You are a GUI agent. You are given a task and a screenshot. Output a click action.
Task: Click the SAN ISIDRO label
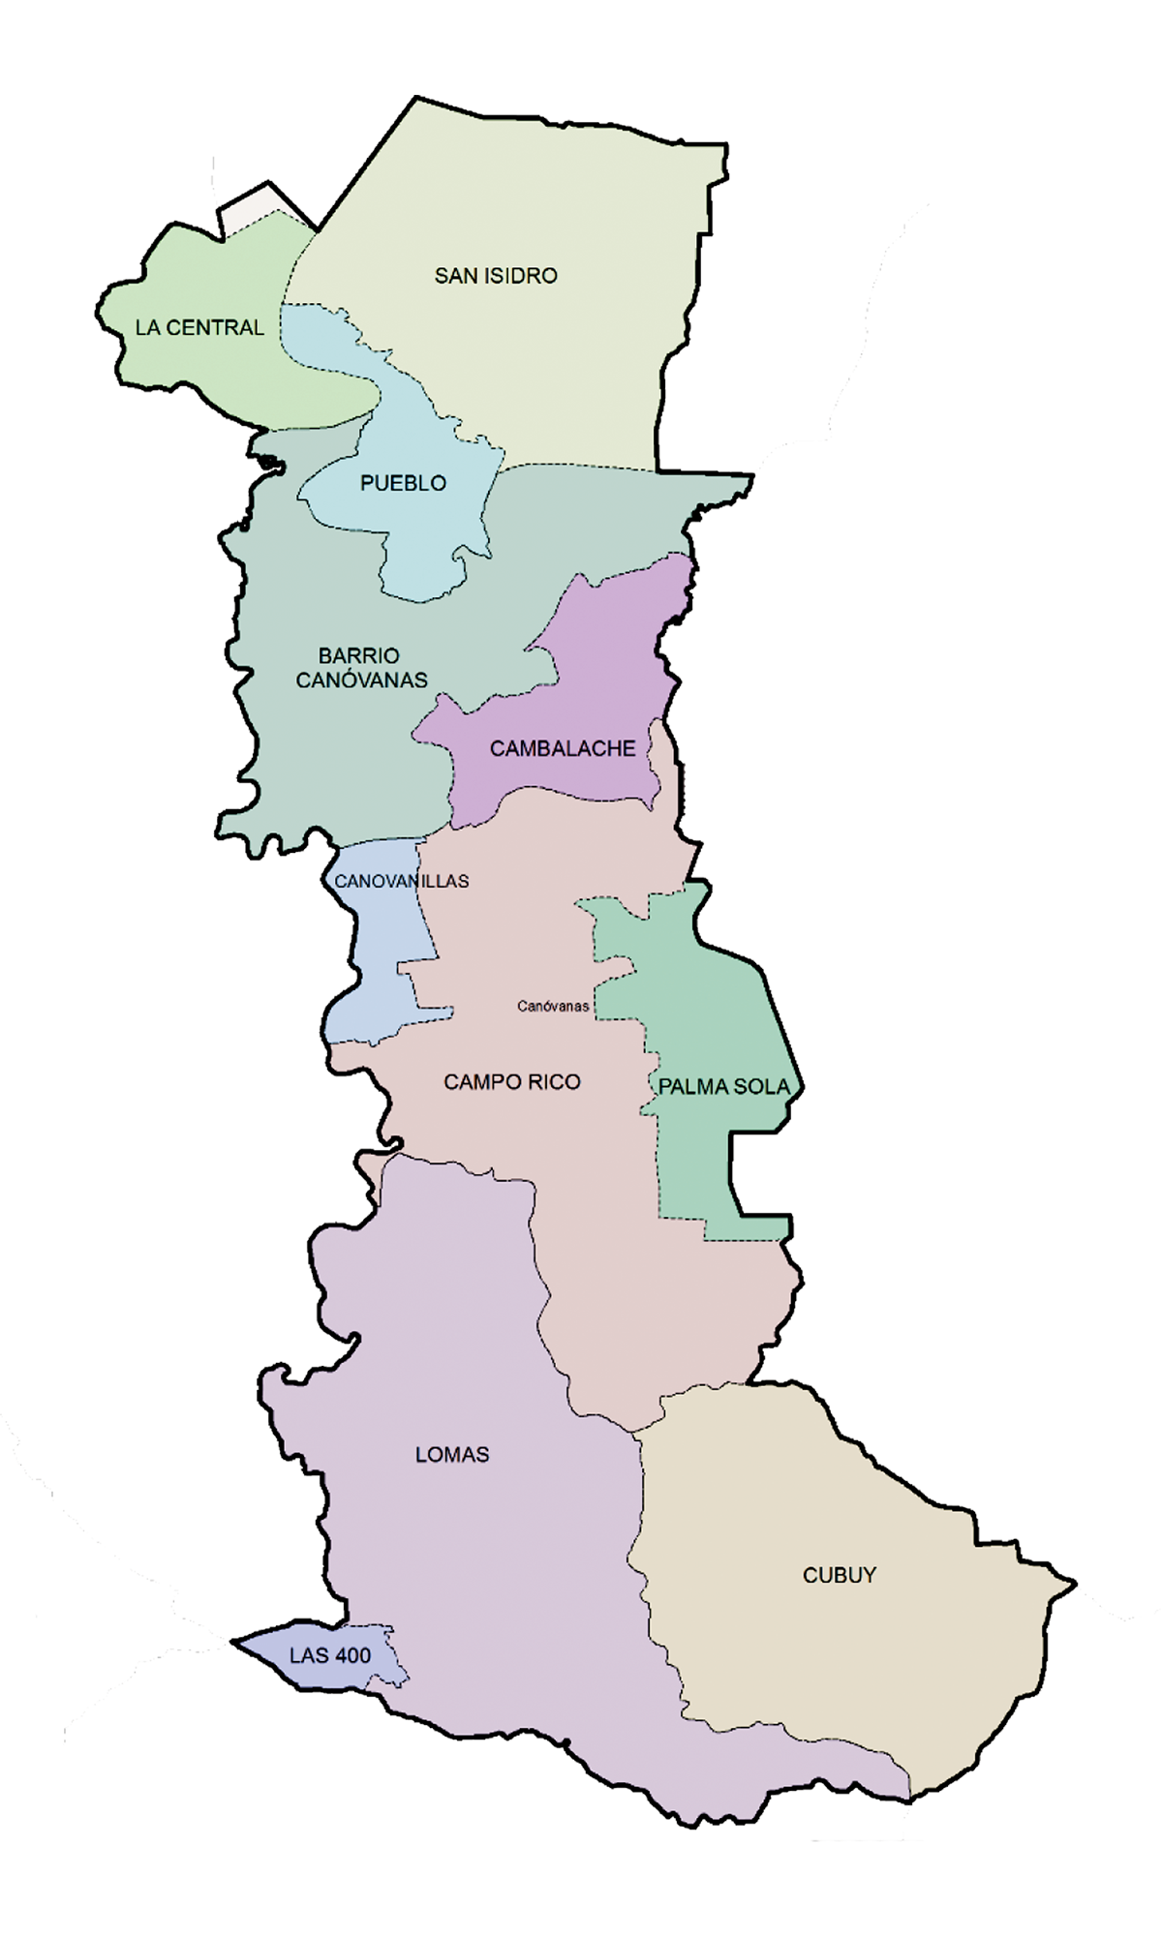(x=496, y=276)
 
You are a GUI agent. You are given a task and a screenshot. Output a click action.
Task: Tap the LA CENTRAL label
(x=199, y=327)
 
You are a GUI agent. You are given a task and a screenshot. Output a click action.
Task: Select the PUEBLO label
(x=403, y=483)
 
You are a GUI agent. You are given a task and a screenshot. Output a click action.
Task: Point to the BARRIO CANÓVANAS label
(x=360, y=668)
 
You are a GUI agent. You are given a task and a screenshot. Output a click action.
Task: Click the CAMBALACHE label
(x=563, y=748)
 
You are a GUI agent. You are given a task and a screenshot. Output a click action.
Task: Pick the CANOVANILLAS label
(x=401, y=881)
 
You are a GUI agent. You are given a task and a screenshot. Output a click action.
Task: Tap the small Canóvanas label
(x=553, y=1007)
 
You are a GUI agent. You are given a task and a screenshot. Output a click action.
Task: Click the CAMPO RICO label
(x=512, y=1081)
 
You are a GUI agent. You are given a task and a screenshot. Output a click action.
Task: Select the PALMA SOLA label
(x=724, y=1087)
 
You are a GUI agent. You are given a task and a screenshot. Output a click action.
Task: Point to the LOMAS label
(x=451, y=1454)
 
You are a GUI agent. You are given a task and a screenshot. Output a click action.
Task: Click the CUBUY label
(x=839, y=1575)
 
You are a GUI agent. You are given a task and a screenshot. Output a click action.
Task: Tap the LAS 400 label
(x=330, y=1655)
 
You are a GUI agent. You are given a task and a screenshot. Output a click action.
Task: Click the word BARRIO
(x=359, y=655)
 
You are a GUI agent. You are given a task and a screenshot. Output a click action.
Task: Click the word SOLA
(x=766, y=1087)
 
